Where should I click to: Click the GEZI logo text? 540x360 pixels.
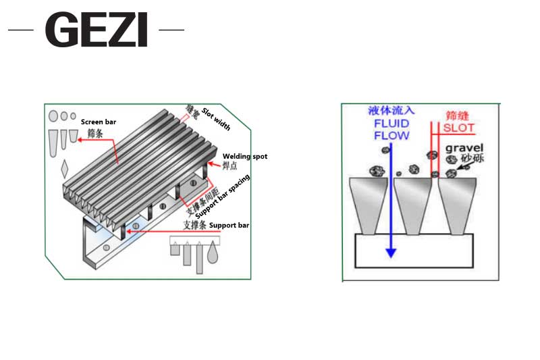[x=97, y=30]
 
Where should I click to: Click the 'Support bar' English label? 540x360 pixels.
[x=230, y=225]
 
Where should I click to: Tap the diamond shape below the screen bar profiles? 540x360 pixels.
[x=65, y=166]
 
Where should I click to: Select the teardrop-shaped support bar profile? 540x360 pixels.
[x=214, y=251]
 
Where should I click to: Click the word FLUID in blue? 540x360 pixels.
[x=391, y=124]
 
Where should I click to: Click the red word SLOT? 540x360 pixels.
[x=459, y=128]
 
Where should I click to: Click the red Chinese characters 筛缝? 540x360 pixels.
[x=458, y=115]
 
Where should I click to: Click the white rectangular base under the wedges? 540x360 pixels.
[x=414, y=251]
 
